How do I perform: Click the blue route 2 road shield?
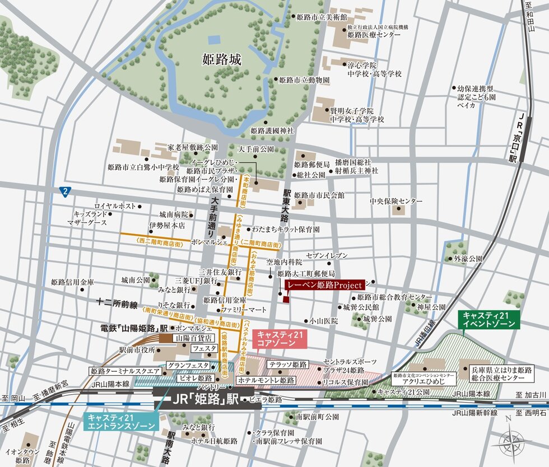coord(65,192)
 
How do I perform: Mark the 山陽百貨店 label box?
coord(194,338)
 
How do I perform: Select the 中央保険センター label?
coord(396,201)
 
